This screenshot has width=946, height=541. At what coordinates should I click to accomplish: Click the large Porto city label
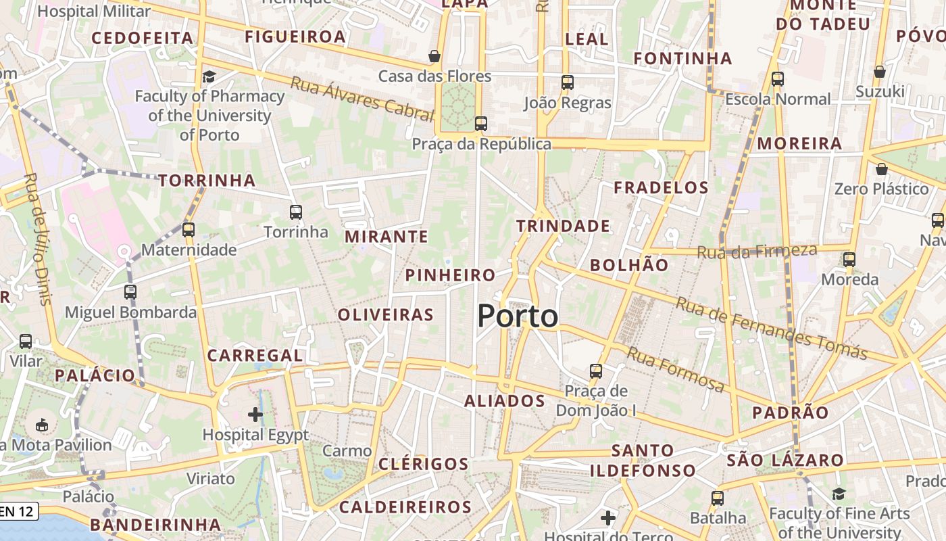coord(518,316)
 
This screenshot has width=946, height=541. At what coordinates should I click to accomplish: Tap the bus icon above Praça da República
coord(481,124)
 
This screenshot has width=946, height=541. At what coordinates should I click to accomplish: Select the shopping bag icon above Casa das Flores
coord(434,55)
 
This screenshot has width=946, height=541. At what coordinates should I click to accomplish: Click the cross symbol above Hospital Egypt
coord(255,414)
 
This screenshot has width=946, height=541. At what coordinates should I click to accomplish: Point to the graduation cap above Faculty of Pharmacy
coord(209,76)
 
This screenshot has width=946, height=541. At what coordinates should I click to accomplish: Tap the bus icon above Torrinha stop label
coord(296,212)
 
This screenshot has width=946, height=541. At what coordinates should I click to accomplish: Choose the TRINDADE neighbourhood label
coord(563,226)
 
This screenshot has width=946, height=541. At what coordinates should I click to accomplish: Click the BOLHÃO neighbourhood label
coord(629,265)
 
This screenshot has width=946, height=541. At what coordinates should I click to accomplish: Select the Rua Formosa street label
coord(676,369)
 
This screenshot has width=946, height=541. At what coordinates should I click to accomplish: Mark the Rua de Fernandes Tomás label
coord(771,329)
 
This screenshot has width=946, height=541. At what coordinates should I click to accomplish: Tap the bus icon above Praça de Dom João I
coord(595,371)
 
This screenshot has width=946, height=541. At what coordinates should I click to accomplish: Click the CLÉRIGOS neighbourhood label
coord(424,464)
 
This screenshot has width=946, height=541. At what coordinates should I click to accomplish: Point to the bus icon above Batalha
coord(718,498)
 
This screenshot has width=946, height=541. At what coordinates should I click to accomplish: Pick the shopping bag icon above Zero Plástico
coord(881,168)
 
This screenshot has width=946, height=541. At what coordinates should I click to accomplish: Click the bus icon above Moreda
coord(849,259)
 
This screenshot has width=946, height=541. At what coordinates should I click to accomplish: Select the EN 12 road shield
coord(18,511)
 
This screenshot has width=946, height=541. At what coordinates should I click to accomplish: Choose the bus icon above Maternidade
coord(189,230)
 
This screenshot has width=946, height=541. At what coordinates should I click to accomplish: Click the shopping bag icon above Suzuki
coord(880,71)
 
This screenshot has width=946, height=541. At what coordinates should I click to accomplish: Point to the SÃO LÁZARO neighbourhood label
coord(785,461)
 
